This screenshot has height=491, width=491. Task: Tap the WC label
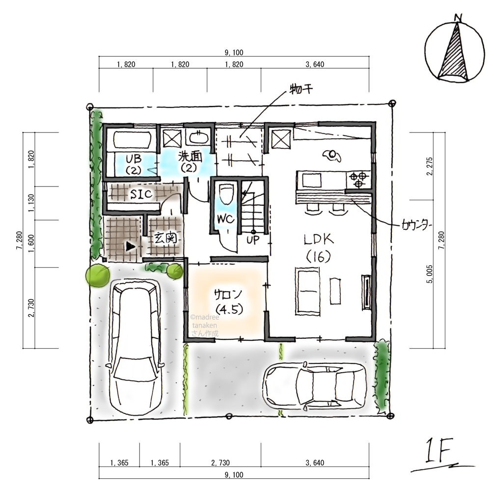point(225,219)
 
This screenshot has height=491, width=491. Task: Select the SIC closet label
point(141,194)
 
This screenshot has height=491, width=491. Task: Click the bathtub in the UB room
point(133,139)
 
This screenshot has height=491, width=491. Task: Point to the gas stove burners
point(358,179)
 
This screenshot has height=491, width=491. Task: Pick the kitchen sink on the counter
point(311,180)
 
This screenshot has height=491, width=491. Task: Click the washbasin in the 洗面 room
point(197,138)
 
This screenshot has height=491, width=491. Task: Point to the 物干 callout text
point(300,89)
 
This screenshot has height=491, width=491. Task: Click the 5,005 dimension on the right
point(429,274)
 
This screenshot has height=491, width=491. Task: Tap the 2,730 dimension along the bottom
point(220,463)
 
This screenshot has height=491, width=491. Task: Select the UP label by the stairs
point(253,240)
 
